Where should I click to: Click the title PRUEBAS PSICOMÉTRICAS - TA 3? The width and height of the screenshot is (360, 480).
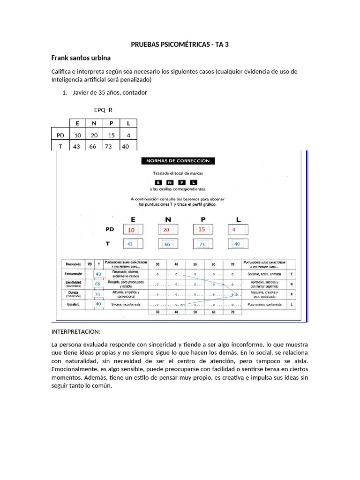click(180, 45)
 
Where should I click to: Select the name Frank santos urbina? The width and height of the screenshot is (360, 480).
click(81, 58)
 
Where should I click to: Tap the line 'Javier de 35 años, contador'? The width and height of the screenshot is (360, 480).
click(110, 92)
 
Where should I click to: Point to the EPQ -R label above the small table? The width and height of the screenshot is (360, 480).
click(103, 110)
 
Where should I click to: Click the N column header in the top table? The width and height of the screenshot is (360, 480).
click(94, 123)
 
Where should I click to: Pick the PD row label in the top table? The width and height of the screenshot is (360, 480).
click(60, 135)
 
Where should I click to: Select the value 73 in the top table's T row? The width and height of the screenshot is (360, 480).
click(111, 146)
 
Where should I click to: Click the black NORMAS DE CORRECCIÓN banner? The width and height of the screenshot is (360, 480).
click(178, 161)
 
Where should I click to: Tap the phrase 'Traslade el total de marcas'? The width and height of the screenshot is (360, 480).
click(178, 173)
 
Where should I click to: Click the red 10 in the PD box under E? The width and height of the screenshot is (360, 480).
click(131, 230)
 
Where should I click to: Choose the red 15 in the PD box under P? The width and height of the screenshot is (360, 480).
click(202, 229)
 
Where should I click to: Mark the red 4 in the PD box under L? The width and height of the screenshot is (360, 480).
click(234, 230)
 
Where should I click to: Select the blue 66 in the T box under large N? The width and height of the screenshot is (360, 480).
click(167, 244)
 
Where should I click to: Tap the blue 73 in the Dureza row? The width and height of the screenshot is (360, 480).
click(98, 294)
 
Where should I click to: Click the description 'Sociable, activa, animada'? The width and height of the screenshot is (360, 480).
click(264, 274)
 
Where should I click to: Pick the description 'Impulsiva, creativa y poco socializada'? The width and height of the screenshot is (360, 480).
click(264, 294)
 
